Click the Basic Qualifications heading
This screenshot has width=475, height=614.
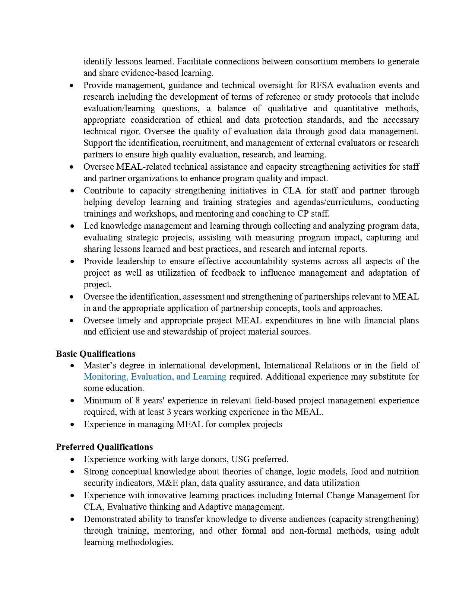[95, 354]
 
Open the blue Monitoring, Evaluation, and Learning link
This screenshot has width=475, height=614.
[155, 377]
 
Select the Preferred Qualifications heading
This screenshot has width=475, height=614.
[104, 447]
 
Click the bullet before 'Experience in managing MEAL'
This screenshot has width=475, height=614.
[72, 425]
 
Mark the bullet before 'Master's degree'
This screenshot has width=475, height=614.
[72, 366]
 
